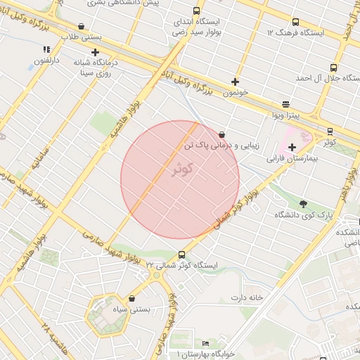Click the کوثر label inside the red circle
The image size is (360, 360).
[181, 170]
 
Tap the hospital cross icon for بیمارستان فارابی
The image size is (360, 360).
[292, 147]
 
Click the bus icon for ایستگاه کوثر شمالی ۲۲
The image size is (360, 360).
[182, 255]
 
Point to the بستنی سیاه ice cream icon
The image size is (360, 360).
[133, 299]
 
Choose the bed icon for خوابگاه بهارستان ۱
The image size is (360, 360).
[205, 343]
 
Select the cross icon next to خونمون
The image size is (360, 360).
[235, 82]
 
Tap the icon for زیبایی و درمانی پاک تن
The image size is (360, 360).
[222, 134]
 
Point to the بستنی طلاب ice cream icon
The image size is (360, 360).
[82, 26]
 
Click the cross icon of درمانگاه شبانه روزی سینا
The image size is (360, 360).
[95, 52]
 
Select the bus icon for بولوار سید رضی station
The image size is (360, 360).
[195, 12]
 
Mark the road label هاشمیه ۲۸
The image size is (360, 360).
[47, 337]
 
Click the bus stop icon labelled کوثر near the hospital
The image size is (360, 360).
[330, 131]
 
